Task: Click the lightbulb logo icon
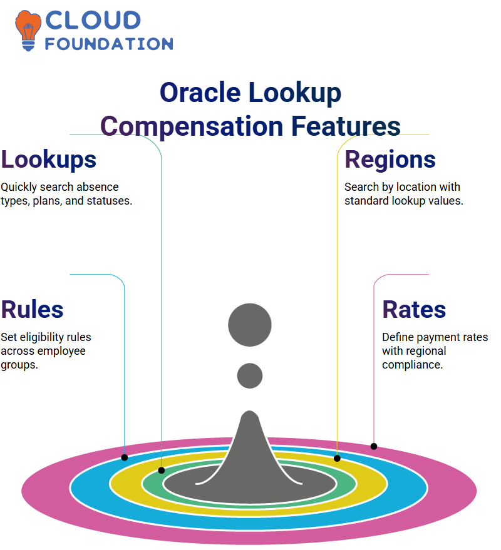pyautogui.click(x=28, y=31)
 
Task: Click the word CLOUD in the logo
pyautogui.click(x=93, y=21)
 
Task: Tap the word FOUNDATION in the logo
pyautogui.click(x=109, y=44)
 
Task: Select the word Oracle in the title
pyautogui.click(x=200, y=93)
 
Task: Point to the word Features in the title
pyautogui.click(x=346, y=126)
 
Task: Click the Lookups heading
pyautogui.click(x=48, y=160)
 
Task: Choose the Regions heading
pyautogui.click(x=390, y=160)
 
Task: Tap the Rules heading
pyautogui.click(x=32, y=310)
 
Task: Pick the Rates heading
pyautogui.click(x=414, y=310)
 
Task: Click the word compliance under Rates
pyautogui.click(x=412, y=365)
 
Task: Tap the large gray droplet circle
pyautogui.click(x=250, y=325)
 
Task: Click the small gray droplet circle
pyautogui.click(x=250, y=375)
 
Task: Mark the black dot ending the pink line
pyautogui.click(x=374, y=447)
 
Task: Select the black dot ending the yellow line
pyautogui.click(x=337, y=458)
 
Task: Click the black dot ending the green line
pyautogui.click(x=162, y=471)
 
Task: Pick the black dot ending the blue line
pyautogui.click(x=125, y=457)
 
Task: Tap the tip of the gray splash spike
pyautogui.click(x=250, y=411)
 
